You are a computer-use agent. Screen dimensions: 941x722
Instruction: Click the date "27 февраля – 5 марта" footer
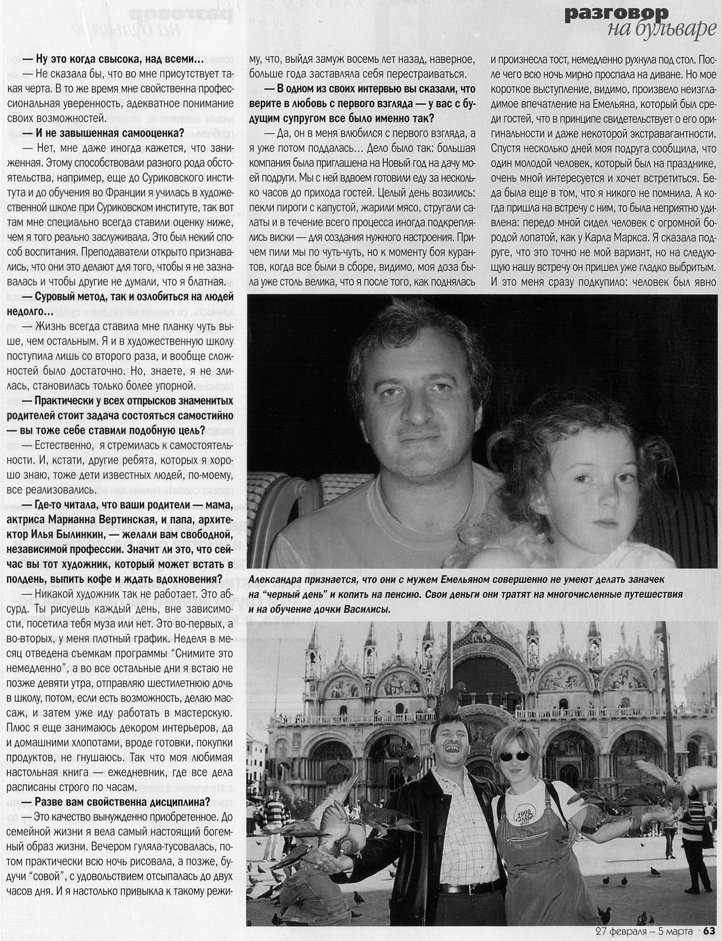pos(643,931)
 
